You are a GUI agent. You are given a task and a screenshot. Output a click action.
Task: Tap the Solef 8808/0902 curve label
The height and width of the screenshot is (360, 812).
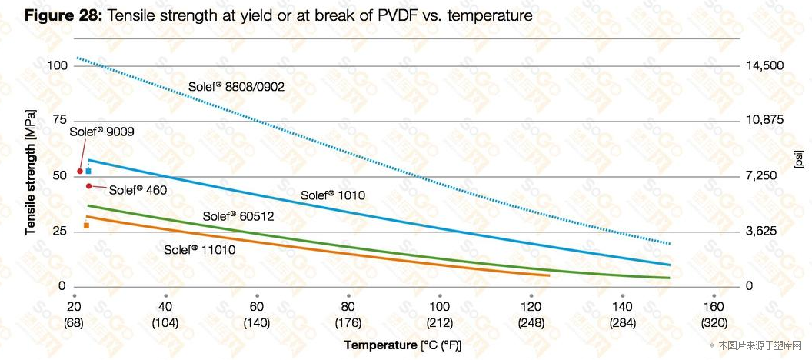click(236, 87)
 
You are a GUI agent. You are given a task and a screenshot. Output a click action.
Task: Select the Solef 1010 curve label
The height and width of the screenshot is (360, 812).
click(332, 195)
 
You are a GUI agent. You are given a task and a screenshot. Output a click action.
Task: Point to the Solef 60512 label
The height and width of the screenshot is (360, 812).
click(238, 216)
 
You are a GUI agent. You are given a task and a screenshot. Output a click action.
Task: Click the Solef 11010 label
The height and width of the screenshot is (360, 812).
click(199, 250)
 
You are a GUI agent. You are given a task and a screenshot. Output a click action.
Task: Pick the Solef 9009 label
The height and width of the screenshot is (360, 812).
click(101, 132)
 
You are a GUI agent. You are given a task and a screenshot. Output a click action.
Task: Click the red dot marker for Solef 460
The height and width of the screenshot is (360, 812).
click(89, 186)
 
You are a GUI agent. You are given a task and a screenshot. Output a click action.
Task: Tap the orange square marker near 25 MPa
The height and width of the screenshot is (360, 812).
click(87, 225)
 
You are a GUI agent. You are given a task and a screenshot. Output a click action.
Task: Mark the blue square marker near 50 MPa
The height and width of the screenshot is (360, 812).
click(88, 171)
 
